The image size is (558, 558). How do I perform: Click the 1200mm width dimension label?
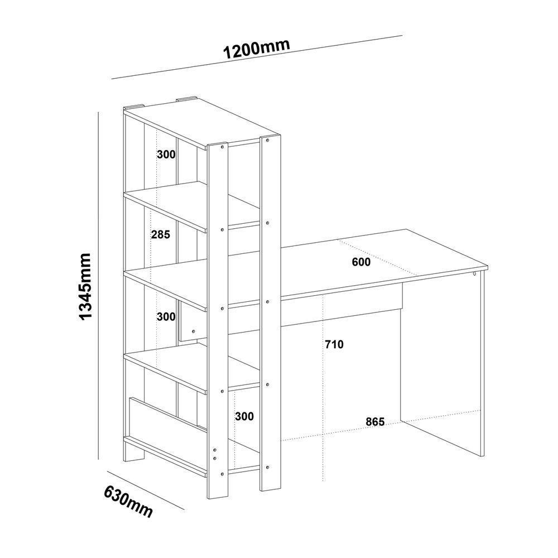click(256, 49)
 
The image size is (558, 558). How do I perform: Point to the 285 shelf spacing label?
click(161, 234)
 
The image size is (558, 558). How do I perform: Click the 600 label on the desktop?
click(361, 262)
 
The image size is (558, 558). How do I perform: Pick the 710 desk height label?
click(334, 344)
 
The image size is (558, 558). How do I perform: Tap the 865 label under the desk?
click(376, 422)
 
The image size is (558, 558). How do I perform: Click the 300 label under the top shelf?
click(166, 155)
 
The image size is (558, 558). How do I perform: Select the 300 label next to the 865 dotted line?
click(244, 416)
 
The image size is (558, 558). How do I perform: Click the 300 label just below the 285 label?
click(166, 317)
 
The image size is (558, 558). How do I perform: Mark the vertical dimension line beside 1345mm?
click(98, 286)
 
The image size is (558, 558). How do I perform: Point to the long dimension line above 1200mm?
click(257, 57)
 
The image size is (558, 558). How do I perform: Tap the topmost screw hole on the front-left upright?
click(223, 146)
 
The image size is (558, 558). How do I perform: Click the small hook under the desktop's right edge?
click(475, 273)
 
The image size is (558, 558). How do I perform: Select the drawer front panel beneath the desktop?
click(342, 304)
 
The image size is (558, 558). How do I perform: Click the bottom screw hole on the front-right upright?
click(268, 466)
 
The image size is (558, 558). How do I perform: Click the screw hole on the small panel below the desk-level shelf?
click(193, 331)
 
